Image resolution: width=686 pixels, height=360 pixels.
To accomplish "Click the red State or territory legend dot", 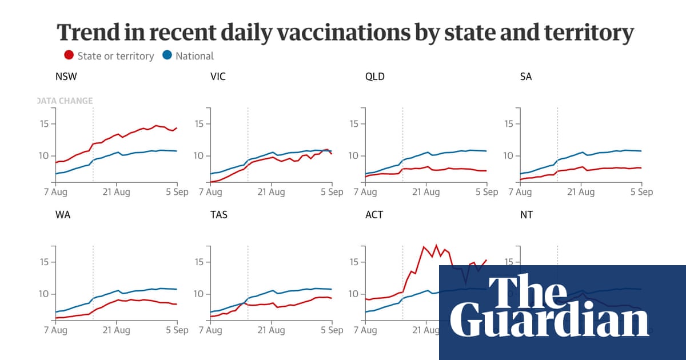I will pyautogui.click(x=69, y=55).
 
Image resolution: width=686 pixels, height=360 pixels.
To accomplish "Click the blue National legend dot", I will pyautogui.click(x=167, y=55).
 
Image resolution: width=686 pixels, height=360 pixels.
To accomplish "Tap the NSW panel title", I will pyautogui.click(x=65, y=77).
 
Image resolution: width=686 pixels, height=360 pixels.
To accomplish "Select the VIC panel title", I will pyautogui.click(x=218, y=77).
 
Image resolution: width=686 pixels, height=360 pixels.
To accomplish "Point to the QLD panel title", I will pyautogui.click(x=375, y=77).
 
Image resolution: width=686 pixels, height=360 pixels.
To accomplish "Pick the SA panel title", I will pyautogui.click(x=526, y=77).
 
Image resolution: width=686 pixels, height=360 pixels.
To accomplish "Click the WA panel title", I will pyautogui.click(x=63, y=215).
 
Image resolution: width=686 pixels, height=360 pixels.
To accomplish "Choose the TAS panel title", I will pyautogui.click(x=219, y=215).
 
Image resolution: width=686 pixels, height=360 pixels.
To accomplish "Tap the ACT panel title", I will pyautogui.click(x=374, y=215).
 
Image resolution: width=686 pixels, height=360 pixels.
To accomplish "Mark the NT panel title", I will pyautogui.click(x=526, y=215).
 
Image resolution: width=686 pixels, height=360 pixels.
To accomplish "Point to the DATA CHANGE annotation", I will pyautogui.click(x=65, y=101).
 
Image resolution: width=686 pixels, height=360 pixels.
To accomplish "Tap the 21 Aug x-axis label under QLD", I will pyautogui.click(x=426, y=192).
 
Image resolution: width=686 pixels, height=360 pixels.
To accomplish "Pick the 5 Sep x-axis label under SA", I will pyautogui.click(x=641, y=192).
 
